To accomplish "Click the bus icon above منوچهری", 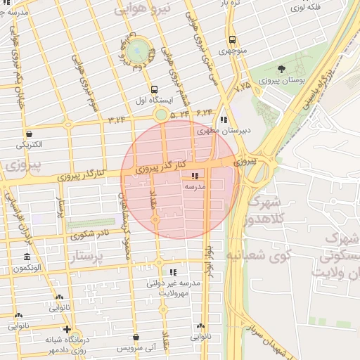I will pyautogui.click(x=231, y=39).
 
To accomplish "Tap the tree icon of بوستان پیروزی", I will pyautogui.click(x=281, y=69).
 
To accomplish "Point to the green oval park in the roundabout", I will pyautogui.click(x=138, y=50).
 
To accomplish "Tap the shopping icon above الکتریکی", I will pyautogui.click(x=29, y=134).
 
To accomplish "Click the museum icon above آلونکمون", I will pyautogui.click(x=27, y=257).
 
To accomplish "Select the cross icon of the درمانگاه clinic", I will pyautogui.click(x=67, y=328).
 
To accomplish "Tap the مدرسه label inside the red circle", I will pyautogui.click(x=194, y=188).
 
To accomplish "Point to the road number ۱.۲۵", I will pyautogui.click(x=243, y=86).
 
